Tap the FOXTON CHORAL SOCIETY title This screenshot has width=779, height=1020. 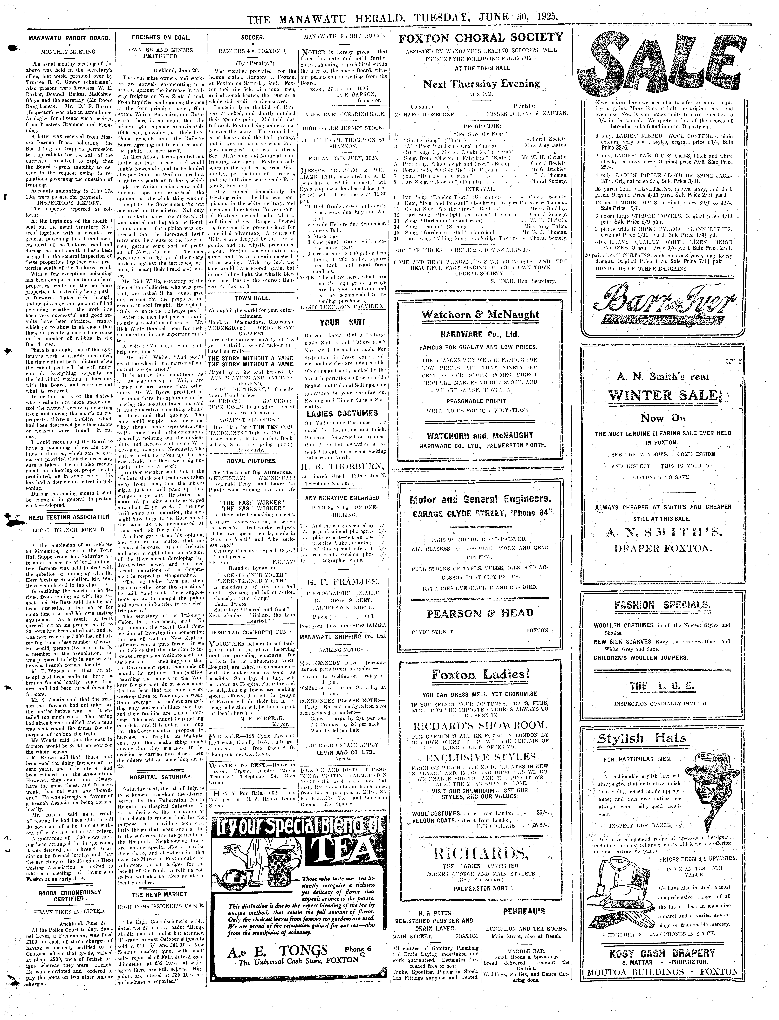coord(481,38)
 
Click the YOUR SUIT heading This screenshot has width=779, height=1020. coord(343,322)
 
